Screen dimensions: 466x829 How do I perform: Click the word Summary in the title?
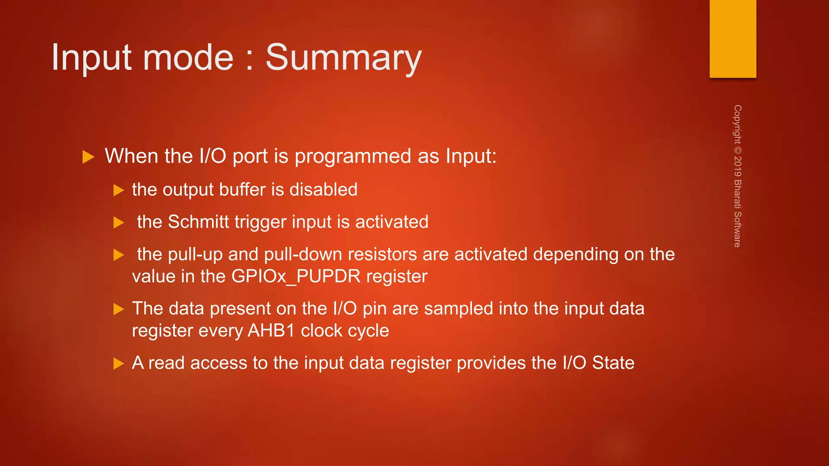point(343,58)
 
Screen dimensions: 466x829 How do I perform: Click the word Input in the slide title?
point(91,58)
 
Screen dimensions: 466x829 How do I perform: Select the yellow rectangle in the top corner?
point(733,39)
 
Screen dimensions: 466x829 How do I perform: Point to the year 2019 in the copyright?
point(738,166)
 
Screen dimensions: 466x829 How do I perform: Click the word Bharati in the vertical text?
point(738,194)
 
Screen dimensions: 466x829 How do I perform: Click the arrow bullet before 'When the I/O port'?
point(88,157)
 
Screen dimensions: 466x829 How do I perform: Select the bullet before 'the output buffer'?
point(118,190)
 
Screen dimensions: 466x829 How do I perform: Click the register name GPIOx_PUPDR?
point(296,276)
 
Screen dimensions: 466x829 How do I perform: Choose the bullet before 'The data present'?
point(118,309)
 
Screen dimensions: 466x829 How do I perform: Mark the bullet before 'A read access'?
point(118,364)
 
